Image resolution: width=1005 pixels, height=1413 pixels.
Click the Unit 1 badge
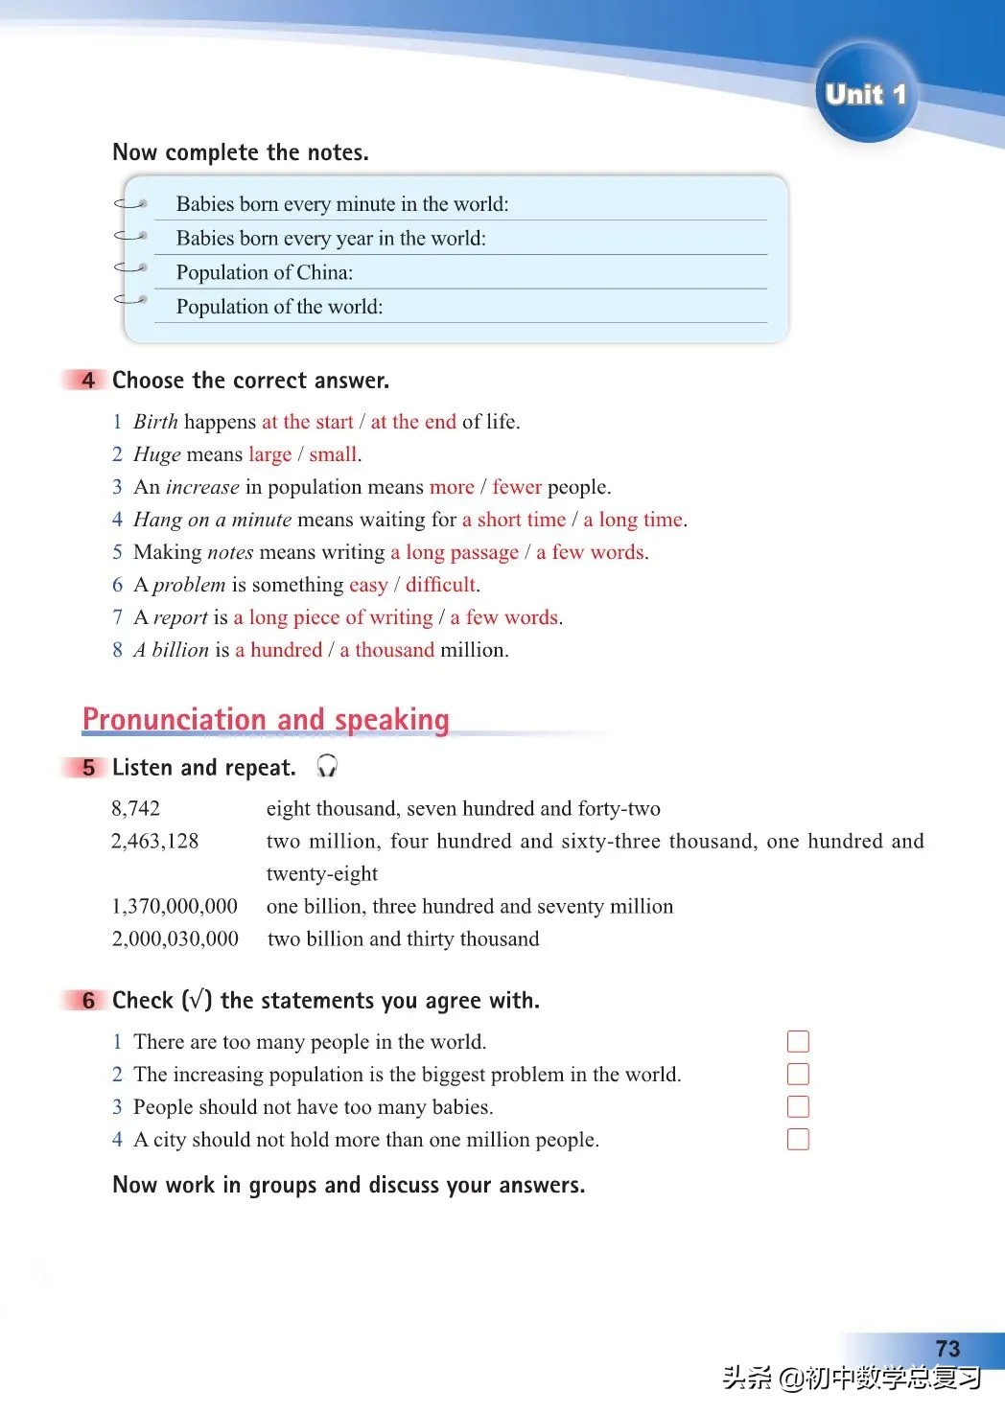click(x=865, y=94)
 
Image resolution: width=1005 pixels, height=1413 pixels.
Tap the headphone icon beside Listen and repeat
click(x=327, y=766)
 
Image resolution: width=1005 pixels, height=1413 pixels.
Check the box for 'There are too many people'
click(x=798, y=1042)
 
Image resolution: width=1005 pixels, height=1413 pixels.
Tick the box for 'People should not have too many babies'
click(x=798, y=1107)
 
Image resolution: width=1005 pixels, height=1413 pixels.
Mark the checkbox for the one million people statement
click(x=798, y=1140)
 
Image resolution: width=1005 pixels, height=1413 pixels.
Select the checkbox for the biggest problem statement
click(x=798, y=1075)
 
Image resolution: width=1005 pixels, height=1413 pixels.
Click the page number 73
click(x=947, y=1349)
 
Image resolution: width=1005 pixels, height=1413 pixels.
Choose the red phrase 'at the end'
click(x=413, y=422)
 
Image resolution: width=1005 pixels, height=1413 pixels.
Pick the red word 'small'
click(x=333, y=454)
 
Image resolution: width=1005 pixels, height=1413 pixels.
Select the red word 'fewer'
click(x=517, y=487)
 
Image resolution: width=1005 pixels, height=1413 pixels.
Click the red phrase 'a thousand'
click(x=386, y=650)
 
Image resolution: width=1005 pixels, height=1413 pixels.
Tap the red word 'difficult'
click(x=440, y=585)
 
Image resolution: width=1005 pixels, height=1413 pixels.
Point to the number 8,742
click(x=136, y=809)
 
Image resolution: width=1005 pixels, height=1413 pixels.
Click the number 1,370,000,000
click(x=175, y=907)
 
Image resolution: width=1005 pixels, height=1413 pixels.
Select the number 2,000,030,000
click(x=175, y=939)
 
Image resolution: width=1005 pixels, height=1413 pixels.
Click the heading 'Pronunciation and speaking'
click(x=266, y=719)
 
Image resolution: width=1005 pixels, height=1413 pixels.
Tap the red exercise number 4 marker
click(x=88, y=381)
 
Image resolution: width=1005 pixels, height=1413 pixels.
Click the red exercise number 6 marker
click(x=88, y=1001)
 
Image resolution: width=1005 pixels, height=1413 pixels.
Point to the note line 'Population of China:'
click(x=265, y=273)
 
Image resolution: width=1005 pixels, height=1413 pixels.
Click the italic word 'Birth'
click(x=155, y=422)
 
